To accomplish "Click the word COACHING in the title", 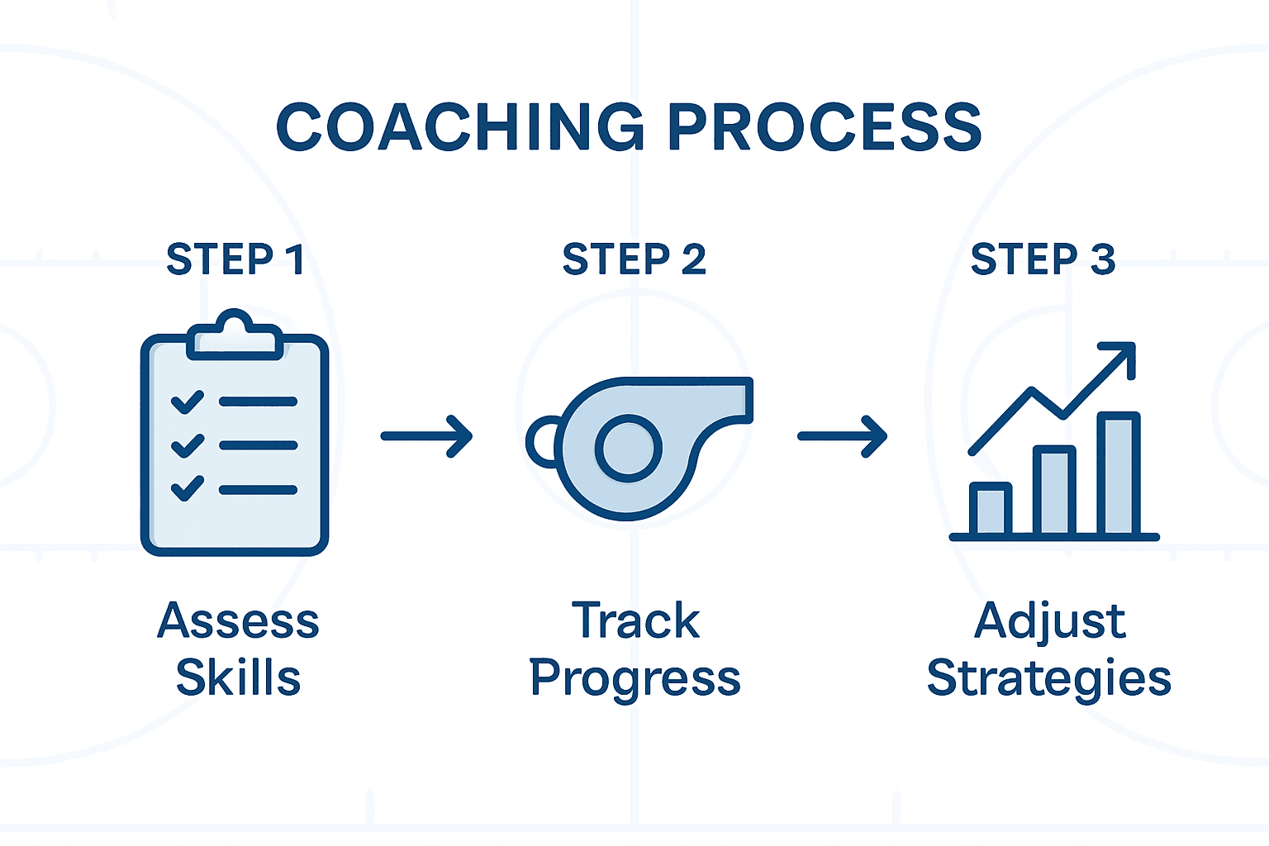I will [459, 128].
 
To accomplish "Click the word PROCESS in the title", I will [824, 128].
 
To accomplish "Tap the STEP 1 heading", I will [235, 259].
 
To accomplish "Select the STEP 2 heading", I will [634, 259].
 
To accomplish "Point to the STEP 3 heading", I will [1043, 259].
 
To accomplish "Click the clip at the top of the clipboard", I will [235, 335].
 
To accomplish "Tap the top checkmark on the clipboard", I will [188, 402].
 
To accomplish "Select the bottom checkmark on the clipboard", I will [188, 488].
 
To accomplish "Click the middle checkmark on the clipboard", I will [188, 445].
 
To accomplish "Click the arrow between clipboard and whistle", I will [426, 435].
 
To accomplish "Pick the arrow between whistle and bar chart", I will [842, 435].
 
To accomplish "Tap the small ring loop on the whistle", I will [541, 441].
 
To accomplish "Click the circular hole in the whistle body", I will [629, 449].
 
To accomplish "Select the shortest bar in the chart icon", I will [990, 509].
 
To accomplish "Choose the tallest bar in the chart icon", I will [1119, 474].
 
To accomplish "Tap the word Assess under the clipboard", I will [238, 620].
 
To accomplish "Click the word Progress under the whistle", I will [634, 679].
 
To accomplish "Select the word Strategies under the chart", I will [1048, 679].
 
